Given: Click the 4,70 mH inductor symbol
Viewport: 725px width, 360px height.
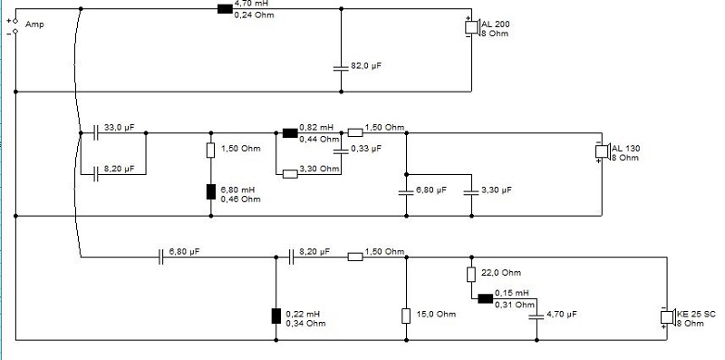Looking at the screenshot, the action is [x=225, y=9].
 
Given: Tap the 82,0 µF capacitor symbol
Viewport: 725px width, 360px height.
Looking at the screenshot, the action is [x=342, y=68].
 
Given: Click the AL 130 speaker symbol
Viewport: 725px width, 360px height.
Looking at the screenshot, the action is [x=603, y=151].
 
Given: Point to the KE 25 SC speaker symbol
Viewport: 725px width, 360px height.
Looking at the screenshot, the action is [x=668, y=317].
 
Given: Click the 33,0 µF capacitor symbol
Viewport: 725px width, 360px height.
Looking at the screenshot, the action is [x=96, y=132].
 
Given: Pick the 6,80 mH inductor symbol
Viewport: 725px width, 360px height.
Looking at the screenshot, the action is [x=211, y=191].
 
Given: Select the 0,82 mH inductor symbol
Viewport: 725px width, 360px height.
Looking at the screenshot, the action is [x=290, y=132].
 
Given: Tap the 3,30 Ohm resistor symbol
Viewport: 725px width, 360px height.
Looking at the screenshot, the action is [x=290, y=174].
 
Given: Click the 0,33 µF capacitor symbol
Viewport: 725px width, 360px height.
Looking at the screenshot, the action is [x=342, y=151].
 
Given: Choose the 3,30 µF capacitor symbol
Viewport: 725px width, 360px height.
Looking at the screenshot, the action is [x=471, y=192].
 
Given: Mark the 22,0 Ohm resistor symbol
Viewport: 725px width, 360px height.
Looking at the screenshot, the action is [x=471, y=275].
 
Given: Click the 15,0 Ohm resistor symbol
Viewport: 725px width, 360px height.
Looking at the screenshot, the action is [x=406, y=316].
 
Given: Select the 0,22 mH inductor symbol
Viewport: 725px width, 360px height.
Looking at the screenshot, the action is [x=276, y=316].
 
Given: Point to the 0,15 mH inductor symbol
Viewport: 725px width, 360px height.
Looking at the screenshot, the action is [x=486, y=298].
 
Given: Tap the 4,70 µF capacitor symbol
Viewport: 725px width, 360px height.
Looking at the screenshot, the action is [x=536, y=316].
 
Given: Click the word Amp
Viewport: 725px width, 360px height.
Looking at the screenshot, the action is [x=34, y=24].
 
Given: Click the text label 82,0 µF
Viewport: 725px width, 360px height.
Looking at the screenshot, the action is [x=366, y=65].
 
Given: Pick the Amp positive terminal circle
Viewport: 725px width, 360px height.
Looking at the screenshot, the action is [x=15, y=21].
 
